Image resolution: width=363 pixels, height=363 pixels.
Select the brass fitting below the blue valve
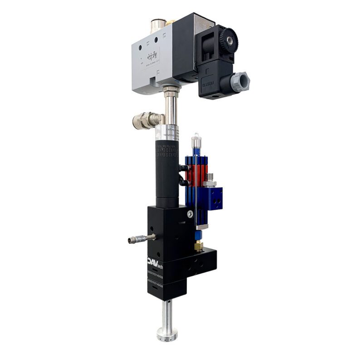199,245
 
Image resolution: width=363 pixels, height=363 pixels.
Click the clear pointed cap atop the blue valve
196,141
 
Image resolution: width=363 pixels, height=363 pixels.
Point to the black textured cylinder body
167,172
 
